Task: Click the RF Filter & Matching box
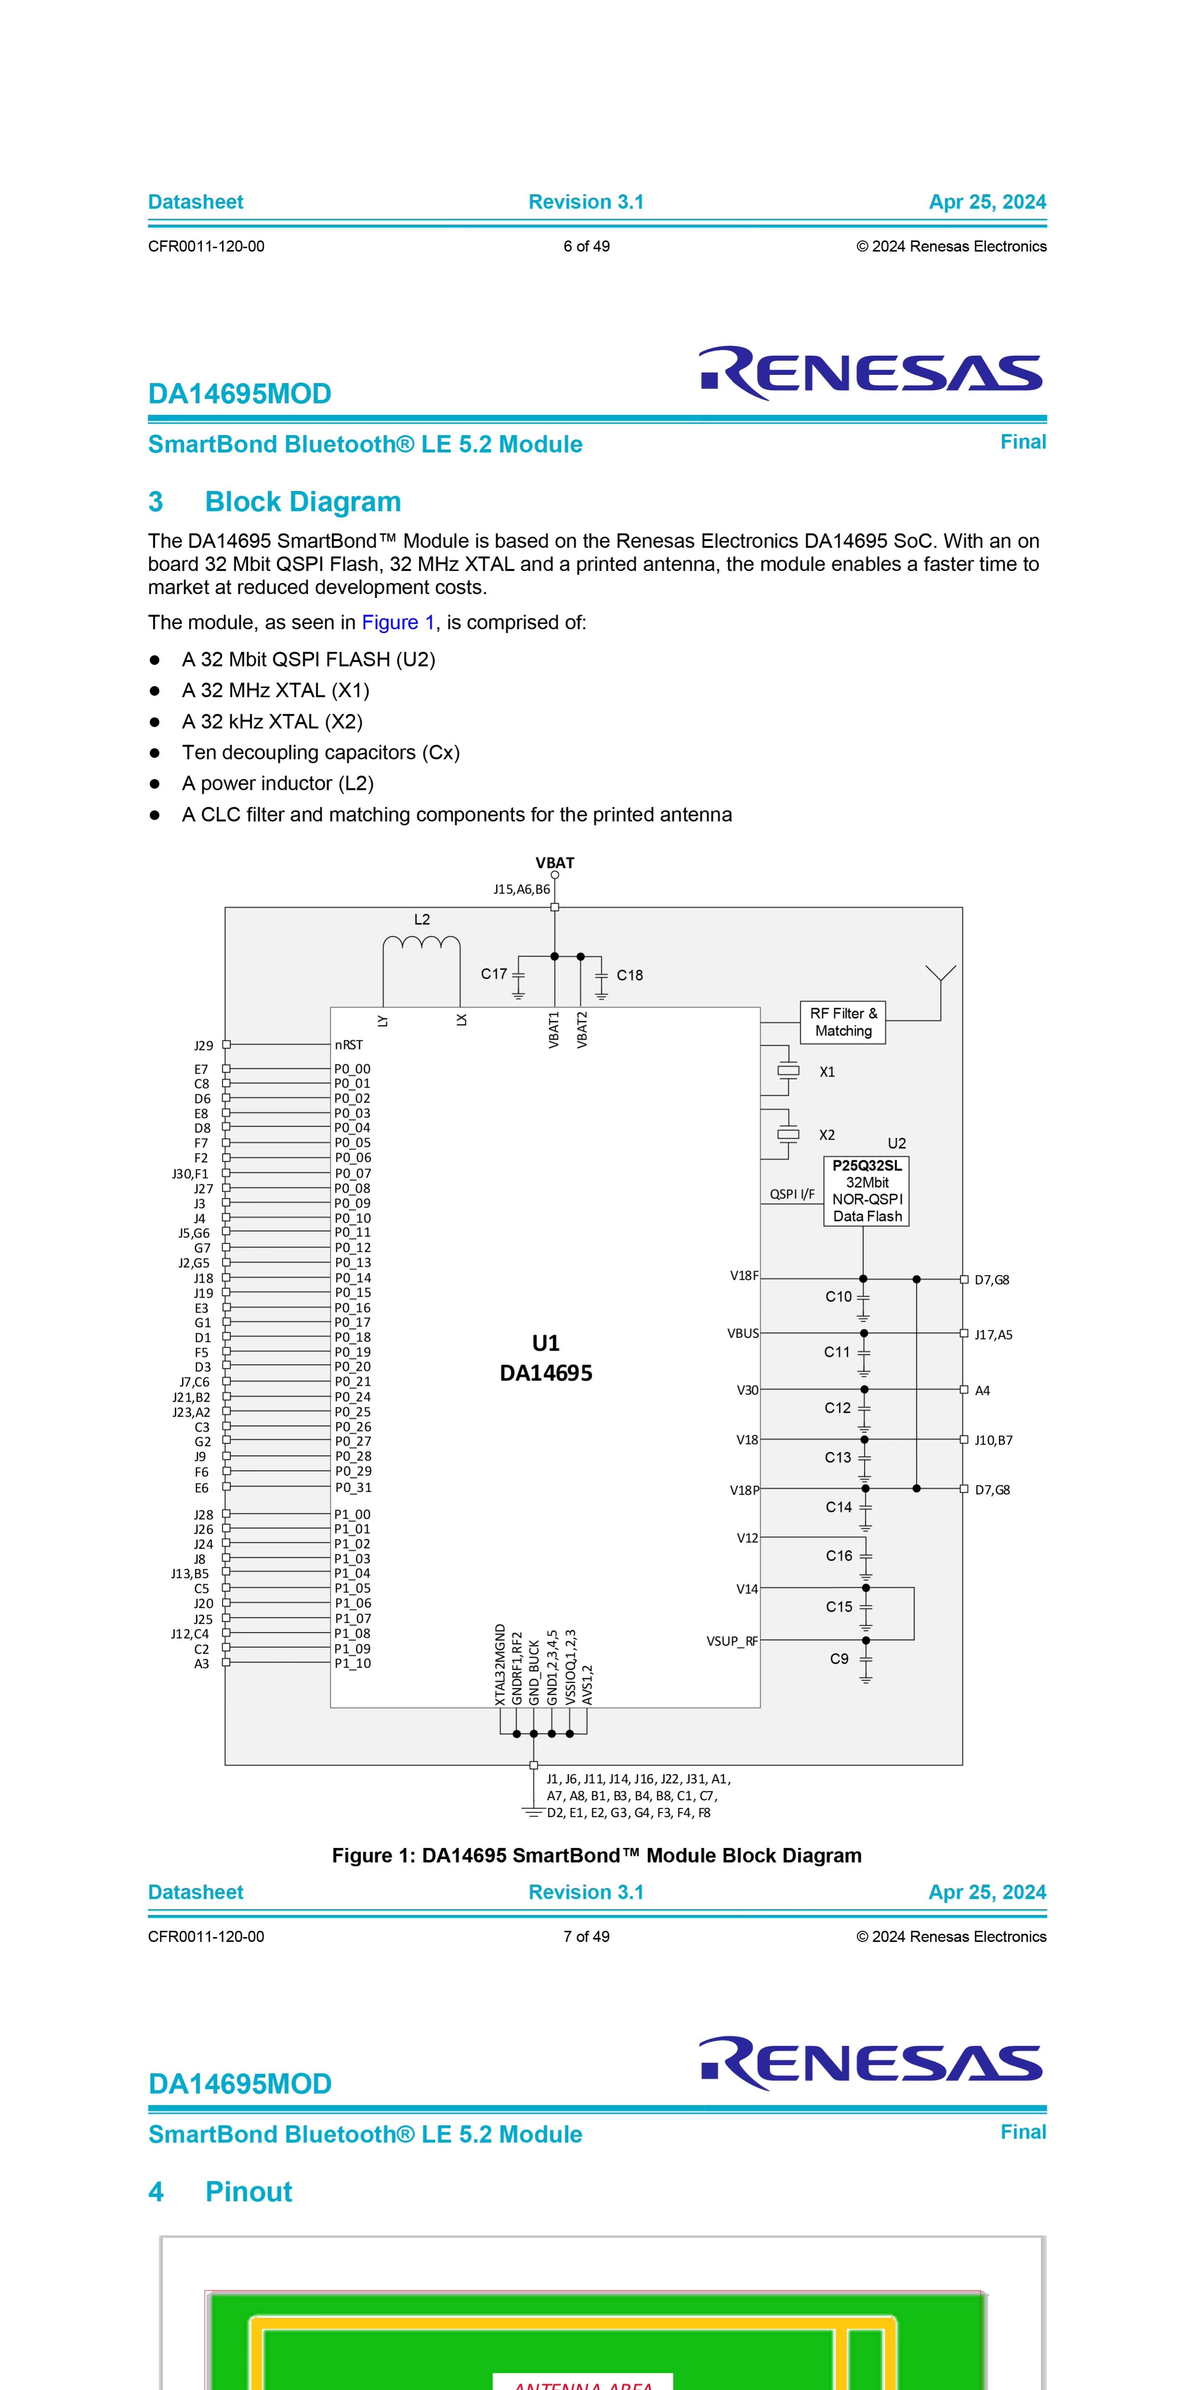click(842, 1022)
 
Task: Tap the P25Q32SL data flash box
click(866, 1191)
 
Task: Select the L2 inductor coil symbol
click(421, 944)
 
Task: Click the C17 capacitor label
click(493, 974)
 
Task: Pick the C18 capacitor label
click(630, 975)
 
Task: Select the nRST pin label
click(349, 1045)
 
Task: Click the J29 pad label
click(203, 1046)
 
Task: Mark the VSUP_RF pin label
click(732, 1641)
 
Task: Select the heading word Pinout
click(249, 2191)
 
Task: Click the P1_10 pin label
click(353, 1663)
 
